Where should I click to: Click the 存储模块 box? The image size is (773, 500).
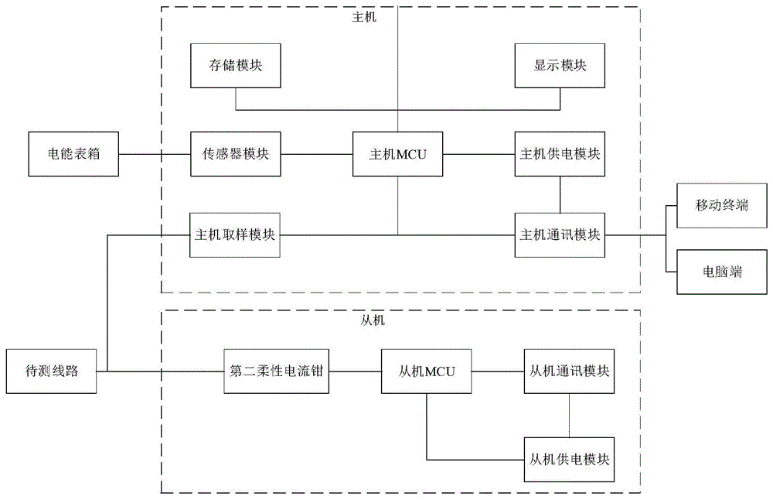point(236,66)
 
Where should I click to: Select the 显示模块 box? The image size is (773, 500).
point(560,66)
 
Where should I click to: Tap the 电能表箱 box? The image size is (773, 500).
point(73,154)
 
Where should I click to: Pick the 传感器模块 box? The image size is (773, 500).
point(236,154)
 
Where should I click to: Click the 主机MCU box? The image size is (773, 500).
point(397,154)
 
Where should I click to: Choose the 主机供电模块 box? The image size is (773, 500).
point(560,154)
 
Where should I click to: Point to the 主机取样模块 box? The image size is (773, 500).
point(235,235)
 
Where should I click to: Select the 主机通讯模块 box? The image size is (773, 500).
point(560,235)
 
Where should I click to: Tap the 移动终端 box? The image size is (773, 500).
point(722,205)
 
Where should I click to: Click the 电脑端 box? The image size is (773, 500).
point(722,272)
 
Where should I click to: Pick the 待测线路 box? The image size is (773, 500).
point(51,372)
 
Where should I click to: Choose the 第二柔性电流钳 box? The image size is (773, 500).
point(276,372)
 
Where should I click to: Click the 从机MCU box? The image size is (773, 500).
point(426,372)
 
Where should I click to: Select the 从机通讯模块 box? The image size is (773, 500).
point(569,372)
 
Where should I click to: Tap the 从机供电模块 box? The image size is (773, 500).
point(569,460)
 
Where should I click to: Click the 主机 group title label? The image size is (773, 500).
point(364,17)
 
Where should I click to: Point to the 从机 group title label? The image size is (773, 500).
point(373,321)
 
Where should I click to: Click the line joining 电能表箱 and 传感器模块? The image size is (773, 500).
point(155,154)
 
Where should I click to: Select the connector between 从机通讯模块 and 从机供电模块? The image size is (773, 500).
point(569,416)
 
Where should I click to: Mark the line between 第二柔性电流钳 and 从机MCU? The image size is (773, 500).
point(355,372)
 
